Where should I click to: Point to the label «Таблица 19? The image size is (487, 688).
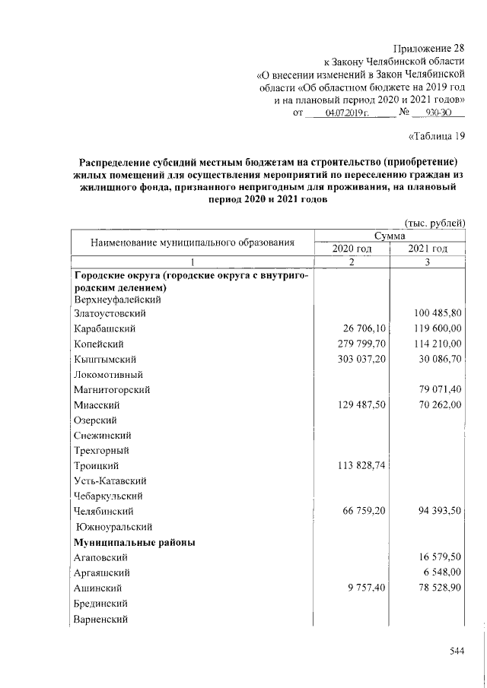click(436, 137)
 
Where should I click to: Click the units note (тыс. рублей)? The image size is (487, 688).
click(434, 222)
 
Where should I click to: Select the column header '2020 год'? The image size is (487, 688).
click(352, 249)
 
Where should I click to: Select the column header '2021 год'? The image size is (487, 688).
click(427, 249)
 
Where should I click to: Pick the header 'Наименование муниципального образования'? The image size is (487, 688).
click(193, 243)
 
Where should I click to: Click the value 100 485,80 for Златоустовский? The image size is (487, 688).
click(438, 312)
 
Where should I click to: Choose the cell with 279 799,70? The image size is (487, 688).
click(358, 344)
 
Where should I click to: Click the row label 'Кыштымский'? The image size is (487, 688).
click(100, 359)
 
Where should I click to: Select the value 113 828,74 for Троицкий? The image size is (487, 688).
click(358, 465)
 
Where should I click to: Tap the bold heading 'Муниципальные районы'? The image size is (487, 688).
click(134, 542)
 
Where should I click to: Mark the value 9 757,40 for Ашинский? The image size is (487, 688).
click(365, 588)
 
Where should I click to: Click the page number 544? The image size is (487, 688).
click(457, 651)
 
